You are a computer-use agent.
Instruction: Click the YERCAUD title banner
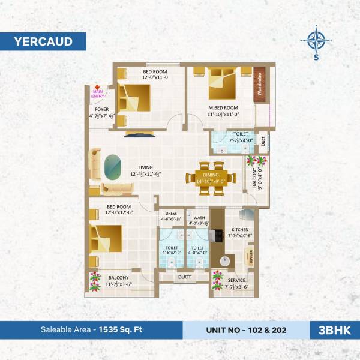43,41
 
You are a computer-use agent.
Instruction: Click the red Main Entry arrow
97,88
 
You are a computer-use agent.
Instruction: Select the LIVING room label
145,167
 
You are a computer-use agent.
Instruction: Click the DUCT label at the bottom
185,277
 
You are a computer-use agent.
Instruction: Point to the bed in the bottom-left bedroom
107,239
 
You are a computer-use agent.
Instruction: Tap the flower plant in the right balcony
260,161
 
